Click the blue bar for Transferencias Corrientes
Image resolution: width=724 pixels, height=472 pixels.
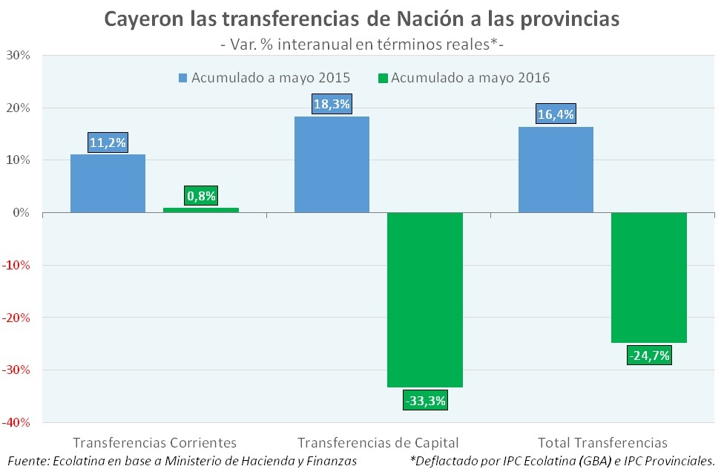pos(108,183)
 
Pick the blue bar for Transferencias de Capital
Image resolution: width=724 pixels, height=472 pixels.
pos(332,164)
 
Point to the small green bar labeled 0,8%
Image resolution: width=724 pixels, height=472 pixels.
pos(201,210)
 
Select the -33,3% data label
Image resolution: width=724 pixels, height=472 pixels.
pos(425,401)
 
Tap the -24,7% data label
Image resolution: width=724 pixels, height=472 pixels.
pos(649,355)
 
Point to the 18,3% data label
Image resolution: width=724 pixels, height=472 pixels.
pos(332,105)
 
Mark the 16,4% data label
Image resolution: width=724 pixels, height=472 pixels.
pos(556,115)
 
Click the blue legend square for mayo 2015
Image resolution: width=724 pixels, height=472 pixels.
pos(182,78)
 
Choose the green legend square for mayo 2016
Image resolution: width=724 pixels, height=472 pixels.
pos(383,78)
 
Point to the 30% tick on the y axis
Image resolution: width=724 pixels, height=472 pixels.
pos(19,56)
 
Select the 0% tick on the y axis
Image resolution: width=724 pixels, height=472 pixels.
pos(22,213)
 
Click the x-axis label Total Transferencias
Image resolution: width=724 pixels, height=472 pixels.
pos(602,442)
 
